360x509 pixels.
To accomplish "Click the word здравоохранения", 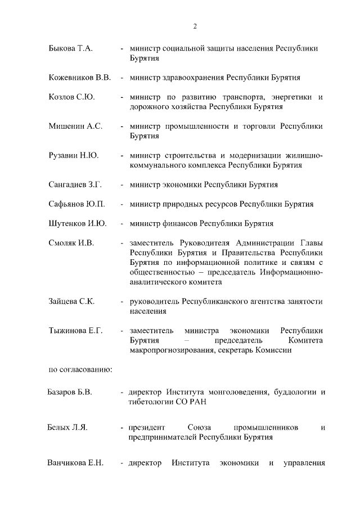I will pos(190,78).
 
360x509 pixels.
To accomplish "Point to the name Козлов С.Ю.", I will pos(71,97).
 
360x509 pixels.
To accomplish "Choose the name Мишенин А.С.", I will pos(75,126).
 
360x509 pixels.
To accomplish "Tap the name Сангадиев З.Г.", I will pos(75,184).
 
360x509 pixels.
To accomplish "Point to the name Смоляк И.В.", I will pos(71,242).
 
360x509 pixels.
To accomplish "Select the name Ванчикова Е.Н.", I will pos(75,463).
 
